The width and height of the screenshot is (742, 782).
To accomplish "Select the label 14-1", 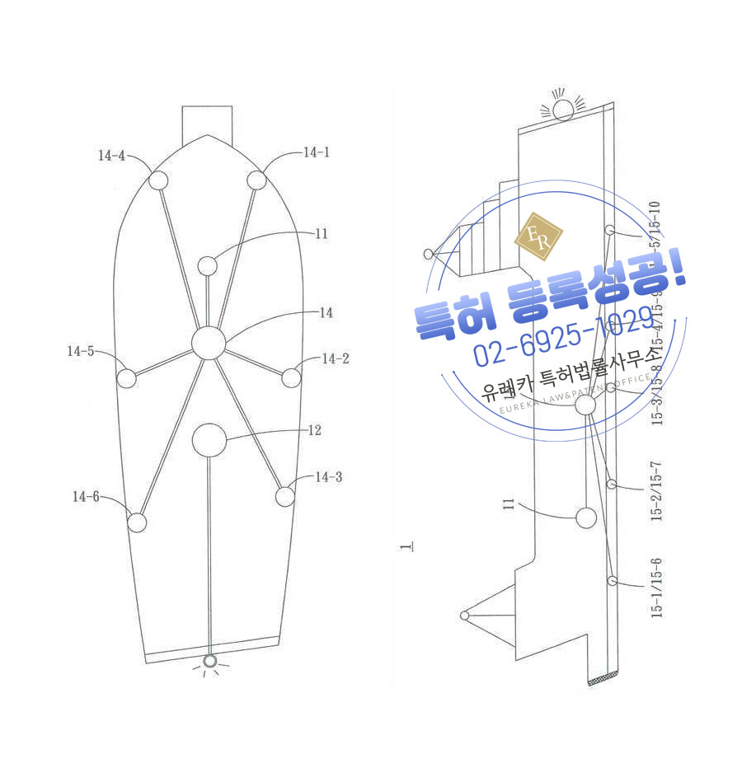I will click(x=316, y=152).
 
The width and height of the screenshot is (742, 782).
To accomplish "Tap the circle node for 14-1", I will click(x=256, y=180).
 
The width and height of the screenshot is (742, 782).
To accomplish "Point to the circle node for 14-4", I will click(x=157, y=180).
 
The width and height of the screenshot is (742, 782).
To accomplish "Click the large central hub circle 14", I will click(x=208, y=342).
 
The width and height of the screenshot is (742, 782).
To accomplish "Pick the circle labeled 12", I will click(x=209, y=440).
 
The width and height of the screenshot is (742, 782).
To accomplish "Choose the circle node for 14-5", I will click(x=125, y=378).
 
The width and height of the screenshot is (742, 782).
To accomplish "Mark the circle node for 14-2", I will click(x=291, y=378).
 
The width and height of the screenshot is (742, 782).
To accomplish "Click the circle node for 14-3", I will click(x=284, y=497).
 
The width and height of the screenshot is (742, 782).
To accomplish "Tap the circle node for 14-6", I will click(x=137, y=522).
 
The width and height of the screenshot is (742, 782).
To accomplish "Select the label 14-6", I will click(x=86, y=496).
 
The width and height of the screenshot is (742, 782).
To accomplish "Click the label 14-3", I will click(x=329, y=477).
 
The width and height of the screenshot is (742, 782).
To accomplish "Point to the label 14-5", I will click(x=81, y=351).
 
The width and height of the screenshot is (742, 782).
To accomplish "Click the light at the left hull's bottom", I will click(x=210, y=661).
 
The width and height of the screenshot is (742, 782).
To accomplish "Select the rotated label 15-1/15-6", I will click(x=656, y=588).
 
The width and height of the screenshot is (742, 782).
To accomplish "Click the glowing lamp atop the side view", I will click(x=563, y=110).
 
